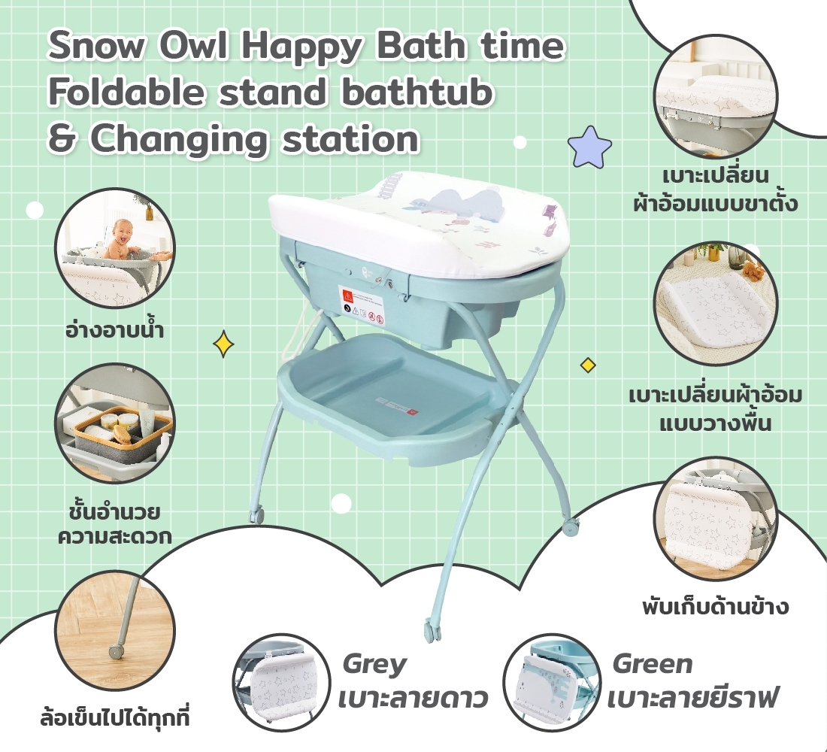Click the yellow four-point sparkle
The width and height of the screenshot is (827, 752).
click(223, 344)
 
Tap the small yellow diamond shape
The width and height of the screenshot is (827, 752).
click(588, 365)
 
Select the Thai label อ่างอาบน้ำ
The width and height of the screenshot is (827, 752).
click(114, 330)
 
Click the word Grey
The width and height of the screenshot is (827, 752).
click(374, 665)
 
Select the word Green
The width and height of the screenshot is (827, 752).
click(652, 664)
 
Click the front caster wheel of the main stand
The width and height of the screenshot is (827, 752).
click(432, 629)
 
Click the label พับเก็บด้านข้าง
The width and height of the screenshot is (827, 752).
click(715, 607)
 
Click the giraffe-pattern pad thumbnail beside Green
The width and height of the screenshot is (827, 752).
click(552, 683)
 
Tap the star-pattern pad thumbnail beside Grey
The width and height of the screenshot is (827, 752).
click(282, 683)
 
